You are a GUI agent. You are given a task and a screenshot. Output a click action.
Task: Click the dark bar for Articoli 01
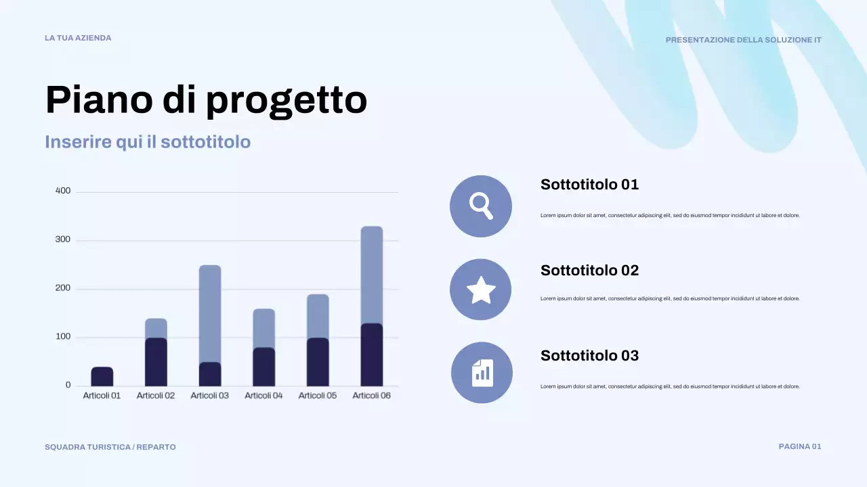pos(102,376)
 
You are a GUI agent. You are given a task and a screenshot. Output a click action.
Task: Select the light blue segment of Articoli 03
pos(210,313)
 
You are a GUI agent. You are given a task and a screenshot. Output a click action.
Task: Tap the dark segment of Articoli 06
pos(372,354)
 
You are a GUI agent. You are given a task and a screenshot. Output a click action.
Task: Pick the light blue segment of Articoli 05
pos(318,316)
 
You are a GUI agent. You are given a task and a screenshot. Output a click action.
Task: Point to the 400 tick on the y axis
pos(63,191)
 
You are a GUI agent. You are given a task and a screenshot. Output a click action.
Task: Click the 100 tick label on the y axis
pos(63,337)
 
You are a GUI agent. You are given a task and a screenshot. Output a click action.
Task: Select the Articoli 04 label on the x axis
pos(263,396)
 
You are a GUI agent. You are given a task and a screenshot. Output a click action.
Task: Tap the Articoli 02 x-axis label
pos(156,396)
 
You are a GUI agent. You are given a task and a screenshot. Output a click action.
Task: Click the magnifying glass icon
pos(481,206)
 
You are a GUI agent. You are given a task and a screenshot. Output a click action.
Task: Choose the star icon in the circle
pos(481,289)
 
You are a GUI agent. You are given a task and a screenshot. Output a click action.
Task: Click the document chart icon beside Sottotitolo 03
pos(482,373)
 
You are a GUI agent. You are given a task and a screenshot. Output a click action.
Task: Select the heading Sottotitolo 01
pos(589,185)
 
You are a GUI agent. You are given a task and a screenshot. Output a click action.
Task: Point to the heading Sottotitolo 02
pos(589,271)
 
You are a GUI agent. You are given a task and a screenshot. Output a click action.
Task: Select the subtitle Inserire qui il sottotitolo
pos(148,142)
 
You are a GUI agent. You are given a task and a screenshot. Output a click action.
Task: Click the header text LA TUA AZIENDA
pos(78,38)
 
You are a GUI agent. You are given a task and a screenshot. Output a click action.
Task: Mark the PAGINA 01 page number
pos(800,446)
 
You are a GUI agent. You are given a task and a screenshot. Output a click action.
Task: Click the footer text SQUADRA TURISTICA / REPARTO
pos(110,447)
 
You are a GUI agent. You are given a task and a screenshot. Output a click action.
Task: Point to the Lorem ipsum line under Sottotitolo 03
pos(670,387)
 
